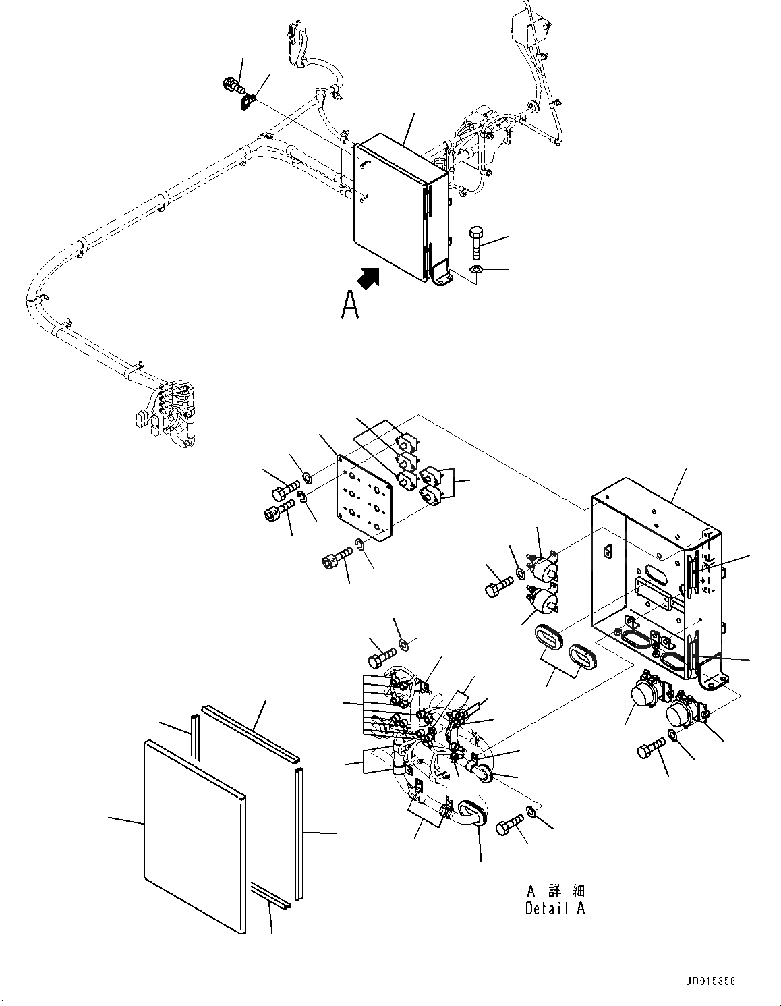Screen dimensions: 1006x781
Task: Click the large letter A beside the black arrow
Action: tap(349, 304)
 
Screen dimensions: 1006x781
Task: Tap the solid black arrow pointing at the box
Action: tap(369, 278)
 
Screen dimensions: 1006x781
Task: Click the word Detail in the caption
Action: tap(547, 908)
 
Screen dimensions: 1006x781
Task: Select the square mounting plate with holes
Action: tap(365, 497)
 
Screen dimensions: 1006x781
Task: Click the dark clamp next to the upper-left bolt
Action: tap(248, 102)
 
